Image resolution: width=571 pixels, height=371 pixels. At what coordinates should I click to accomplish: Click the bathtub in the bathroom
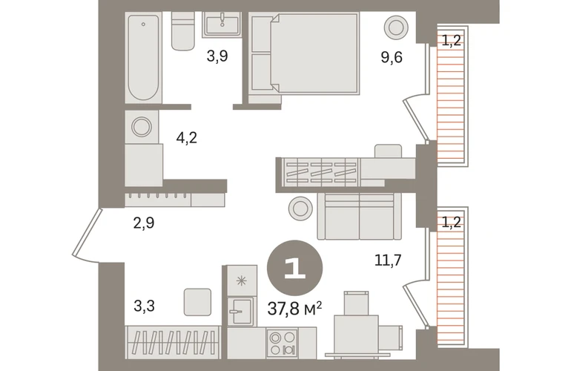click(x=143, y=58)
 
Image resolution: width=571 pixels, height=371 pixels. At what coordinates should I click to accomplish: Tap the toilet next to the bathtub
click(x=183, y=31)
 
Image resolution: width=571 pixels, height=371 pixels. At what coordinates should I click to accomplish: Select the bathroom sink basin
click(x=222, y=24)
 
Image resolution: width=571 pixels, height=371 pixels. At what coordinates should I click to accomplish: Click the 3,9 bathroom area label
click(x=217, y=56)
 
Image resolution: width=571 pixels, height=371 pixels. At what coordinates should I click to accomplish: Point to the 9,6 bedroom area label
click(x=392, y=57)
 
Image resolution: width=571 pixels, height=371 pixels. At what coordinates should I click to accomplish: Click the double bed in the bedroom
click(x=313, y=53)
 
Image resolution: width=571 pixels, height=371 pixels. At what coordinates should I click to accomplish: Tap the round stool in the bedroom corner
click(x=396, y=27)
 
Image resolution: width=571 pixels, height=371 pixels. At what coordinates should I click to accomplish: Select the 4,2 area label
click(x=186, y=138)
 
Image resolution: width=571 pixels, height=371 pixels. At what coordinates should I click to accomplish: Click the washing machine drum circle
click(x=142, y=126)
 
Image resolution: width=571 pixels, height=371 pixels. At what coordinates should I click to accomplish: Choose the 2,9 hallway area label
click(x=144, y=223)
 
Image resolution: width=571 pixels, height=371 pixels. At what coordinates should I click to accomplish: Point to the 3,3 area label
click(x=144, y=306)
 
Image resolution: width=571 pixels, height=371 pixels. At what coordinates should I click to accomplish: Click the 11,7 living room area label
click(x=388, y=260)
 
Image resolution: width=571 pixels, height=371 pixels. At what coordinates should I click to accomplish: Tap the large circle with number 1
click(x=295, y=268)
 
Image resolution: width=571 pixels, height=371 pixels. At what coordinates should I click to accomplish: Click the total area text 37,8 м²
click(x=295, y=309)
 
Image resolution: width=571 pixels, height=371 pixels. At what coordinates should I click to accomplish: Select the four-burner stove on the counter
click(x=283, y=343)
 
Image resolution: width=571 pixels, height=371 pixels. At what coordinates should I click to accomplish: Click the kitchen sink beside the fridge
click(x=240, y=312)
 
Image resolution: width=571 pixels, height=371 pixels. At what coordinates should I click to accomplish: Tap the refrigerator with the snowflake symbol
click(x=242, y=280)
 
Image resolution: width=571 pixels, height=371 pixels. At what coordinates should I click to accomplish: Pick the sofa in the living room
click(x=360, y=216)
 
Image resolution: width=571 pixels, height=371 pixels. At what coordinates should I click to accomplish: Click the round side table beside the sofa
click(x=300, y=209)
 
